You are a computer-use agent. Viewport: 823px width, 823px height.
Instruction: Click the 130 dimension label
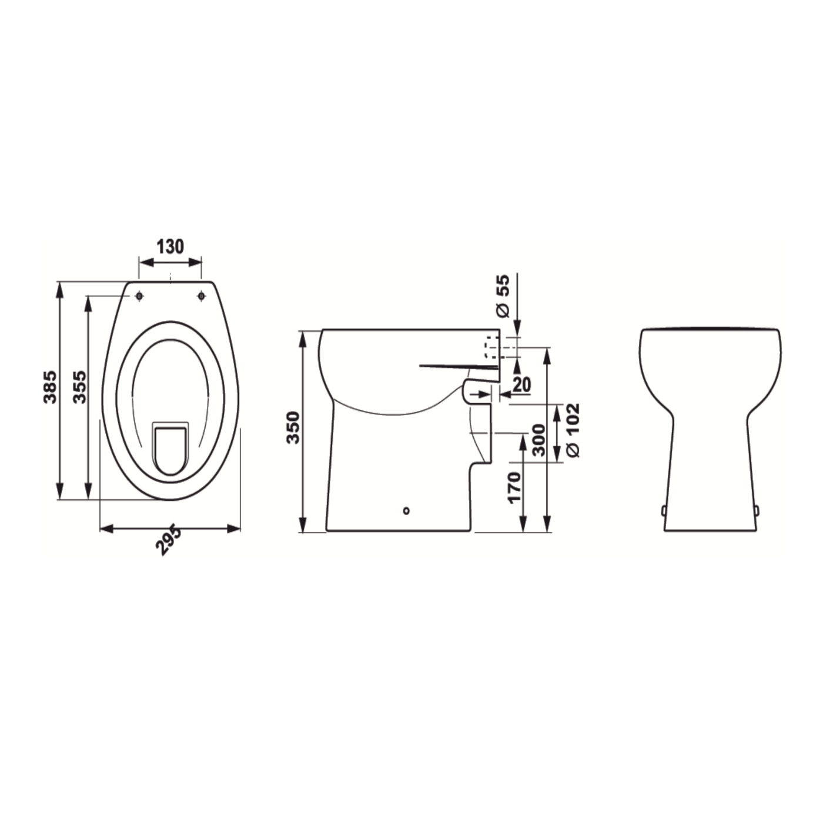[170, 246]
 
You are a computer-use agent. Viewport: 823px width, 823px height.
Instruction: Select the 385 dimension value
[51, 386]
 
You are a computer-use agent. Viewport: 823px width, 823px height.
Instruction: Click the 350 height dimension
[293, 427]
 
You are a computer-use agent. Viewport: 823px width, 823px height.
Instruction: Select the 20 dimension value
[521, 384]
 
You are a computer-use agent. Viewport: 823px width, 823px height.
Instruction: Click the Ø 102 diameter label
[573, 430]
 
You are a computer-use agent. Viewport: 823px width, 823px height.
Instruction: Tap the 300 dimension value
[538, 440]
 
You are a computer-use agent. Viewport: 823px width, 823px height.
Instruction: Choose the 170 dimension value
[514, 487]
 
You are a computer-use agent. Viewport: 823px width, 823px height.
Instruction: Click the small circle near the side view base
[406, 510]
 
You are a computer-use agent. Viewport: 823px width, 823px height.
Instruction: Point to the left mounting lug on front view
[664, 510]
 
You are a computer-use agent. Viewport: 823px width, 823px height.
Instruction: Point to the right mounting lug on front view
[756, 510]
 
